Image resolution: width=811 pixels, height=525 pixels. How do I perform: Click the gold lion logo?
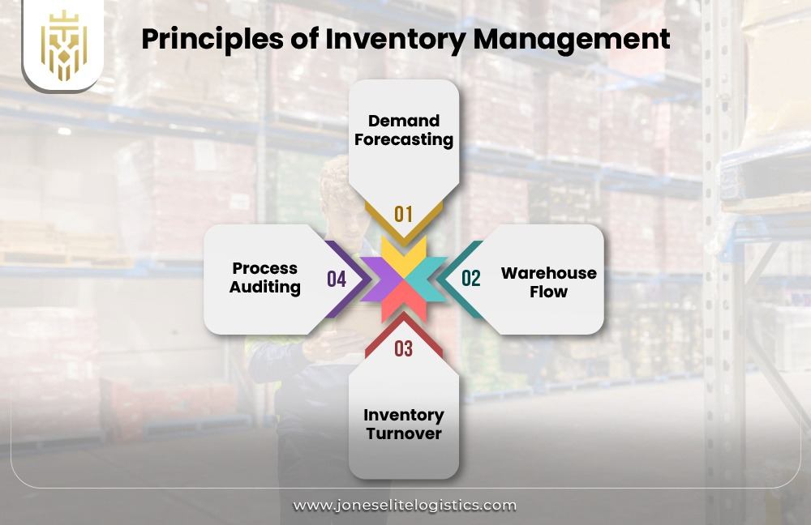(x=62, y=45)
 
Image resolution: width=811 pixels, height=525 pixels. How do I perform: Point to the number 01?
(x=404, y=214)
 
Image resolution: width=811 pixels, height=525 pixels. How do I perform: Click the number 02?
(x=471, y=279)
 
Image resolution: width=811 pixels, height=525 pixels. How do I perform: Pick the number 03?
(x=404, y=348)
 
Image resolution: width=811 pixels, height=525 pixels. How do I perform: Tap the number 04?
(x=337, y=280)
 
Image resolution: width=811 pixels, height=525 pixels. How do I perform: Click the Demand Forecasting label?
(x=404, y=130)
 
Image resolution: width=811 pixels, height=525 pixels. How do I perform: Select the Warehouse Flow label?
(x=549, y=281)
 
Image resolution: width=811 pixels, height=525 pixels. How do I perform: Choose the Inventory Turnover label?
(x=404, y=424)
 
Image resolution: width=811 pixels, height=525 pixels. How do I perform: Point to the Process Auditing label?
(x=265, y=277)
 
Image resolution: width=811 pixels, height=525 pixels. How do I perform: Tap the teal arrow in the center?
(x=427, y=280)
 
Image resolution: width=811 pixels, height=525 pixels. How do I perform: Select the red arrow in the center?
(x=404, y=302)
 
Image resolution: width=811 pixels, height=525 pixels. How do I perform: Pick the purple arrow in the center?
(x=379, y=280)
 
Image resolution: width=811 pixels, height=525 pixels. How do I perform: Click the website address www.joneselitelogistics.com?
(x=405, y=505)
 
